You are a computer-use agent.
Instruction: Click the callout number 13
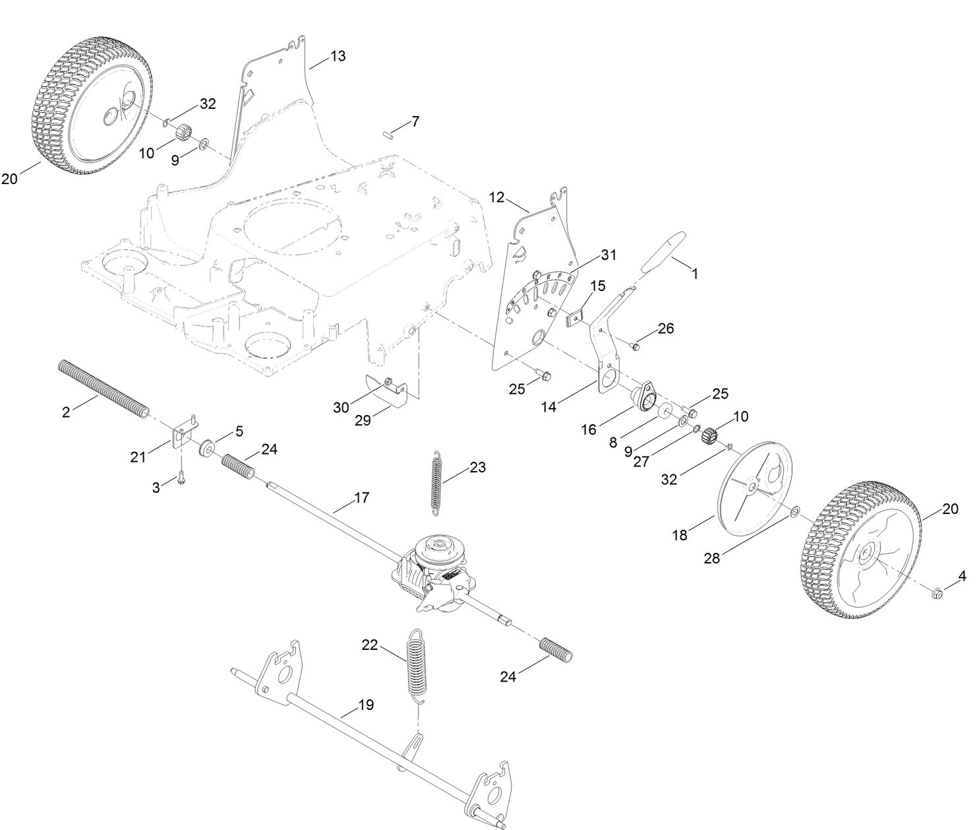pyautogui.click(x=338, y=56)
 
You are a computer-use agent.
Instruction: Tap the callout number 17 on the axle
pyautogui.click(x=361, y=497)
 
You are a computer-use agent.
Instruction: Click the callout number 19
pyautogui.click(x=366, y=705)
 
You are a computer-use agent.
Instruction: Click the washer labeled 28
pyautogui.click(x=794, y=511)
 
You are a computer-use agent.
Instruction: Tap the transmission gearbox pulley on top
pyautogui.click(x=438, y=548)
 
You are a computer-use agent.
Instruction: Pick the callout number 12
pyautogui.click(x=496, y=197)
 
